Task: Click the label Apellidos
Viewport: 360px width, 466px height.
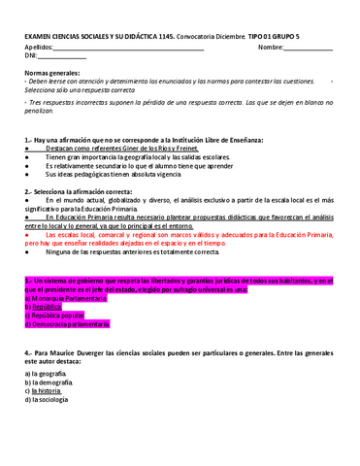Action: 39,47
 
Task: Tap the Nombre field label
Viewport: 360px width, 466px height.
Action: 271,47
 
